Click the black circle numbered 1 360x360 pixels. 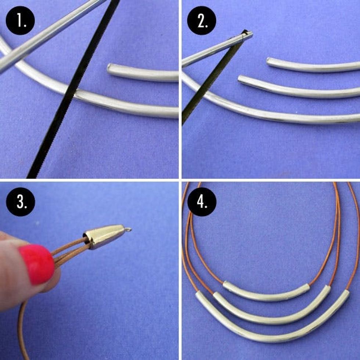point(20,21)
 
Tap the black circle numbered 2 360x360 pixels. point(202,21)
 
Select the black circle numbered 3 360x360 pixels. point(21,202)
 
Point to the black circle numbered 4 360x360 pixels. point(202,202)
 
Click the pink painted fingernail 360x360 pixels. point(37,264)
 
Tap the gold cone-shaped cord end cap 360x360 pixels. point(104,237)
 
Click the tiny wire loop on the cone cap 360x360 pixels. point(128,229)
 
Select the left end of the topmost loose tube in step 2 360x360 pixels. point(269,61)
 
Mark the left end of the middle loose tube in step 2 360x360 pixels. point(240,79)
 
